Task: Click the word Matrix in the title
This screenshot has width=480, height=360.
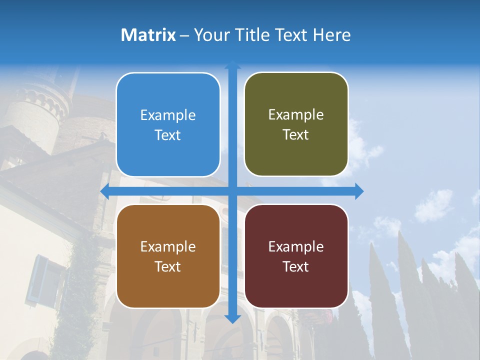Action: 148,35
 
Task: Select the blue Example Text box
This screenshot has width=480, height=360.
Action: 168,124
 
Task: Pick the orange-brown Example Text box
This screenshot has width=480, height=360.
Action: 168,256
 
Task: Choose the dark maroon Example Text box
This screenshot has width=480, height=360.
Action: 296,256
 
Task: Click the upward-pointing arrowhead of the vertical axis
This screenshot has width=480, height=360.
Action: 232,65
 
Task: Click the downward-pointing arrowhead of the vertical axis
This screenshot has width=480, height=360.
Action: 232,318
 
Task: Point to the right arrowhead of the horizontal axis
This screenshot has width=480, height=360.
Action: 359,191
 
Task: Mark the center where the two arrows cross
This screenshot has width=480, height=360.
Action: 232,191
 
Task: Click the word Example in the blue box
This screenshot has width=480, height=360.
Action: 168,115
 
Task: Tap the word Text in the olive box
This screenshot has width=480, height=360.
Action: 295,134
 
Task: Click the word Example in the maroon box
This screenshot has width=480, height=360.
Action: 296,246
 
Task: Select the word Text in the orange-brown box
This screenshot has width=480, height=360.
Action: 168,266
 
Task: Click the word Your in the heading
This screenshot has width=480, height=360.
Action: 210,35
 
